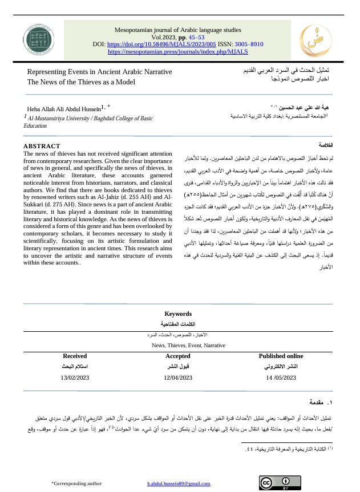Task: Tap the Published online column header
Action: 281,356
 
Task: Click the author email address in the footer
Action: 179,483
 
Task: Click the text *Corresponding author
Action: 76,483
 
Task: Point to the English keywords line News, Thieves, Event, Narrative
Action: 180,345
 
